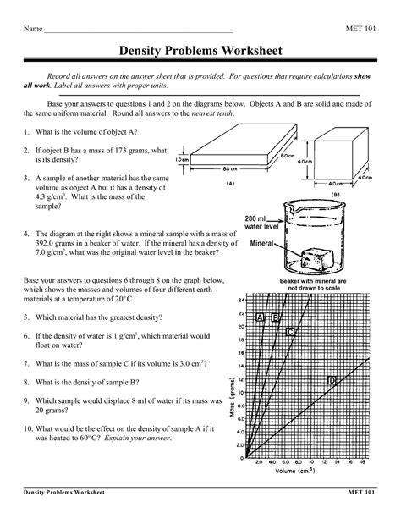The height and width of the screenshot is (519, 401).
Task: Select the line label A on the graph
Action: [x=260, y=317]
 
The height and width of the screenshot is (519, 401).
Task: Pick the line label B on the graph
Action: [x=275, y=317]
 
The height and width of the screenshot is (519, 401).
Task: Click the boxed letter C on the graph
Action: [x=290, y=332]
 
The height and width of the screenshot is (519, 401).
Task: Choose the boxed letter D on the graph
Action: [x=332, y=382]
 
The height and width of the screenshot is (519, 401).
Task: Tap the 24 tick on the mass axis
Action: [x=241, y=301]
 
